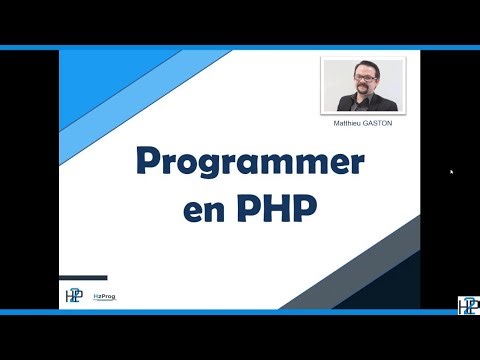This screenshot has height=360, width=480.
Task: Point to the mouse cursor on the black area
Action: pos(451,172)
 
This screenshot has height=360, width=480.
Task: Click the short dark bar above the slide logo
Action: pos(83,277)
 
